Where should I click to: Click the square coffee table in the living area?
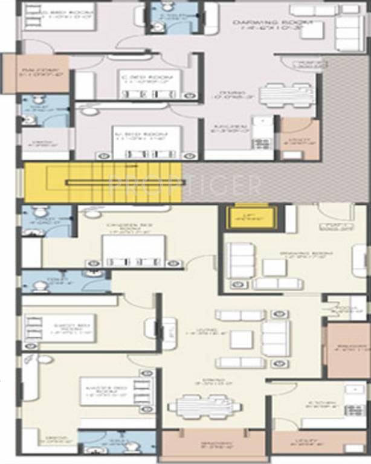241,340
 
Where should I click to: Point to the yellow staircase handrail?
100,182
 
